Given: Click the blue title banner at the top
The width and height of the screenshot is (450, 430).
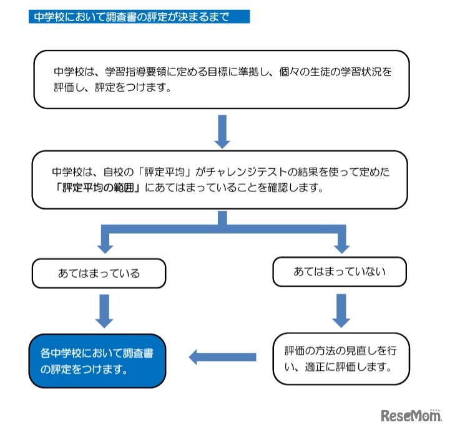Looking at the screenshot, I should click(139, 17).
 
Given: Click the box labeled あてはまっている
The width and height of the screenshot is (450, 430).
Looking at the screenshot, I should click(99, 273).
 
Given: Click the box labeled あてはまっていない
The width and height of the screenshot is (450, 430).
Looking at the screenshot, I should click(340, 272).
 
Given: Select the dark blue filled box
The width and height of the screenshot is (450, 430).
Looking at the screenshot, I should click(97, 361).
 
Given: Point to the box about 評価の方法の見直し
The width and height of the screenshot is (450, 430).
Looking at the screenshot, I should click(341, 358).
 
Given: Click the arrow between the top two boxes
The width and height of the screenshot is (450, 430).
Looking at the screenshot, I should click(222, 131).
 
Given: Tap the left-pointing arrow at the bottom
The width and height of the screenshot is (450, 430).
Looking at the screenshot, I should click(222, 356).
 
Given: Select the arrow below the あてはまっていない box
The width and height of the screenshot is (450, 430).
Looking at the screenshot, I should click(341, 309).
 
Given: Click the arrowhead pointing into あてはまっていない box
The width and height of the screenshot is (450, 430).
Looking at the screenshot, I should click(341, 246).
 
